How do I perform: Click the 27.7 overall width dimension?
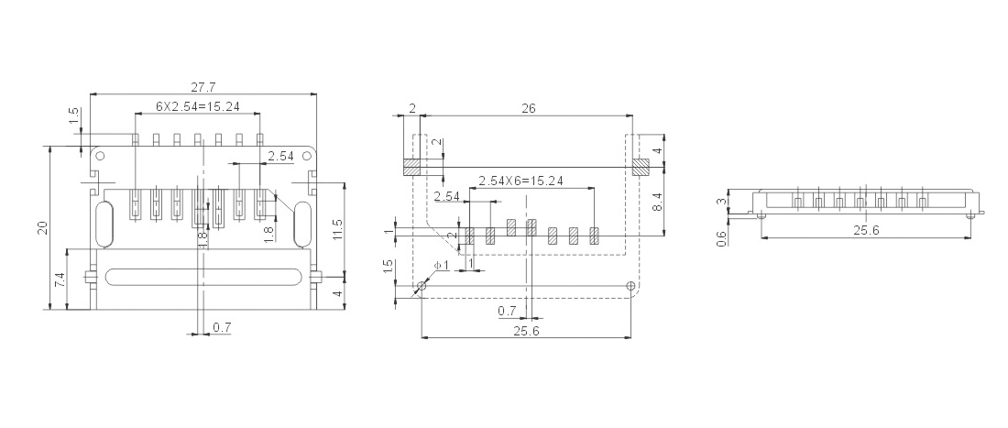[x=203, y=86]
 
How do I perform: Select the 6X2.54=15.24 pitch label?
[x=198, y=106]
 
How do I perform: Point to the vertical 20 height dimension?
[x=43, y=227]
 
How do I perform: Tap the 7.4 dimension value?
[x=60, y=280]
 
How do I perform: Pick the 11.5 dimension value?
[x=338, y=231]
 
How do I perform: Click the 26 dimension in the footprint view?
[x=529, y=109]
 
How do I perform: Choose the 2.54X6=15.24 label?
[x=520, y=181]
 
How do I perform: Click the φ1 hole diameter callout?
[x=443, y=266]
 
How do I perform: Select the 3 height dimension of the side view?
[x=722, y=201]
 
